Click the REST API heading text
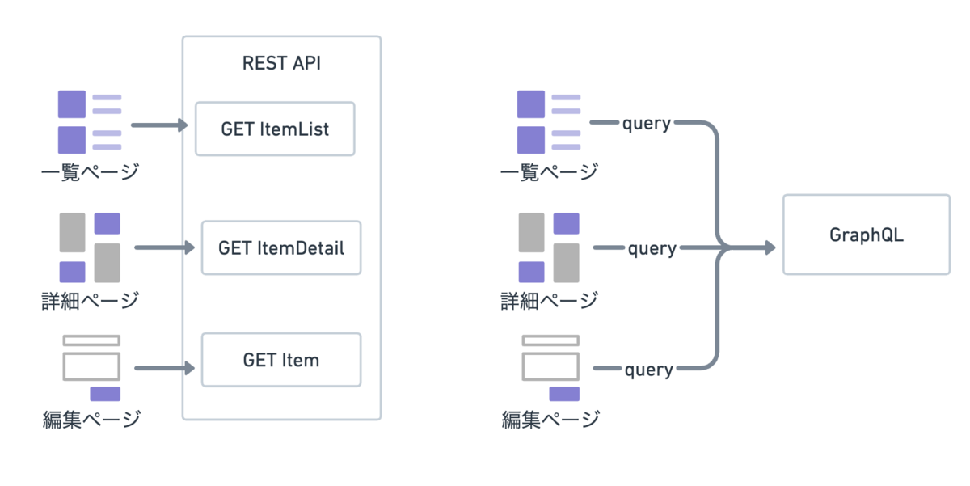tap(281, 63)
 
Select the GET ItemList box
tap(275, 129)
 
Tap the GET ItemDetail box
tap(281, 247)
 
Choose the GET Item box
tap(281, 360)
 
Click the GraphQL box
tap(867, 235)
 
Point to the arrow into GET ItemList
tap(159, 125)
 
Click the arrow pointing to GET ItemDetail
tap(165, 247)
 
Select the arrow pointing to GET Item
tap(165, 368)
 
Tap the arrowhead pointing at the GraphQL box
tap(770, 247)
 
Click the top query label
tap(647, 124)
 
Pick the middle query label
tap(652, 249)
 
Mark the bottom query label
tap(648, 370)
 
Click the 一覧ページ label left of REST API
tap(90, 172)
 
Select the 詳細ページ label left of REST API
tap(90, 301)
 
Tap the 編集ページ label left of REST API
tap(91, 420)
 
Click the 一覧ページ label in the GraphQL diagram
tap(549, 172)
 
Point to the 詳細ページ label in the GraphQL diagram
tap(549, 301)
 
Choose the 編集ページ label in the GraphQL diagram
tap(550, 420)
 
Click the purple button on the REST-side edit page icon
tap(105, 394)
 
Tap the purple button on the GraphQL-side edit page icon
tap(564, 394)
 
